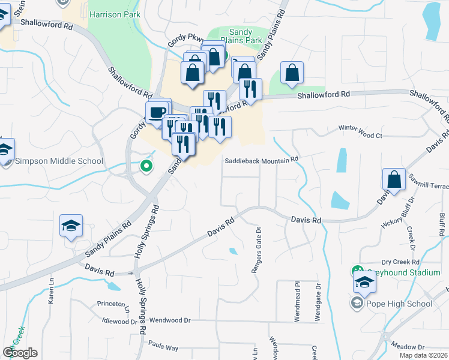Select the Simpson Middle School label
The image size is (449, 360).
tap(59, 161)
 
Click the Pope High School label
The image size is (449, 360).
tap(399, 304)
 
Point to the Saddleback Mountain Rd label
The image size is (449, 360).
tap(262, 160)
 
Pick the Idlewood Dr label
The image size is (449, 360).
tap(119, 322)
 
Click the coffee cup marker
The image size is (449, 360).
tap(157, 112)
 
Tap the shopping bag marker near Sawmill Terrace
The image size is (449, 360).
tap(394, 179)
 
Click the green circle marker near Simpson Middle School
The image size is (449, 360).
tap(145, 166)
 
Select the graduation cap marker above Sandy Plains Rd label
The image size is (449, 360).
tap(71, 226)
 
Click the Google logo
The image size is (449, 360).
tap(20, 353)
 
